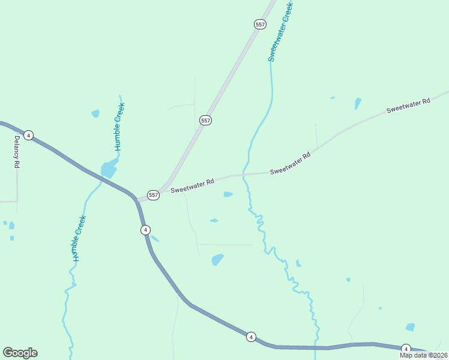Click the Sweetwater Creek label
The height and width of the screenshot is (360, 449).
280,30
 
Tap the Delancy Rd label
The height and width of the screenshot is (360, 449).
17,153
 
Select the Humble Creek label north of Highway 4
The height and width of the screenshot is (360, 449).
119,127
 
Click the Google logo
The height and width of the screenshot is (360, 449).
20,353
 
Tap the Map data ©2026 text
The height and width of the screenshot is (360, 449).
423,355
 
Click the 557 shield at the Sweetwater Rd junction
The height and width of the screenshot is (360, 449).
154,195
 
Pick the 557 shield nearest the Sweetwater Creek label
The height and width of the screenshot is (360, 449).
259,24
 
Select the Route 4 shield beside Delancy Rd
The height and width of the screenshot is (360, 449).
28,135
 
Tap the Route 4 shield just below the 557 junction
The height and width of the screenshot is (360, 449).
145,230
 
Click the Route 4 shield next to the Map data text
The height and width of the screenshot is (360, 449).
405,349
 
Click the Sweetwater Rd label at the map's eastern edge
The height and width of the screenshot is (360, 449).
408,106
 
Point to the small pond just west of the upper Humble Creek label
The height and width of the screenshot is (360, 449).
95,113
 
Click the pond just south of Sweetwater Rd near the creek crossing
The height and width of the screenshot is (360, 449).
228,194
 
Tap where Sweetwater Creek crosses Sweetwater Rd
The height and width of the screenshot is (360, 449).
244,175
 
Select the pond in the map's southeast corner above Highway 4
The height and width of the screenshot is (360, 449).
410,327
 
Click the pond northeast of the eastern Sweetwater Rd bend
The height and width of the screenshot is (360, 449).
358,103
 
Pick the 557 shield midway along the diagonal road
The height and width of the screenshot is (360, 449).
205,121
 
